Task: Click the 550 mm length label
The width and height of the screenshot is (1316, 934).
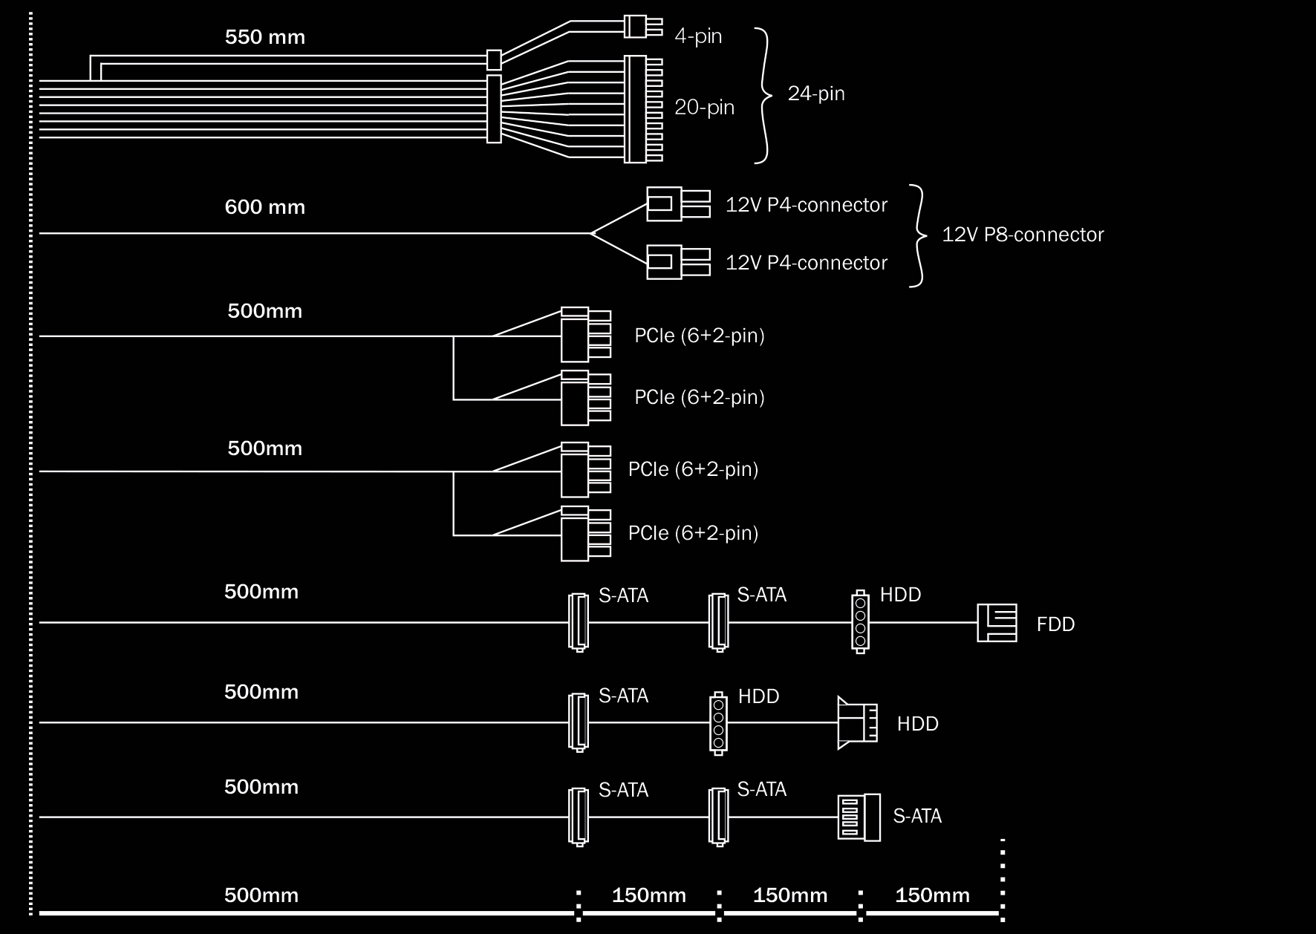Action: point(265,37)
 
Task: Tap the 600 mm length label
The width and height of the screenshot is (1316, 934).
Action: point(265,206)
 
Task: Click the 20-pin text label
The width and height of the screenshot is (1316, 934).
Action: point(704,108)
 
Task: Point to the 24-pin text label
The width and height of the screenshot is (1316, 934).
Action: point(816,94)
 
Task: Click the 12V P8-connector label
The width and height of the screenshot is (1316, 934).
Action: point(1023,235)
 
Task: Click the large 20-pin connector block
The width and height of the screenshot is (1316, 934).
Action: point(643,108)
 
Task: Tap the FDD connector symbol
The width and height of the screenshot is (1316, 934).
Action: point(997,622)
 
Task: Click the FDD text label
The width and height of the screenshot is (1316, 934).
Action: point(1055,624)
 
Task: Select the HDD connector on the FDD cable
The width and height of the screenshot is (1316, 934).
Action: point(860,622)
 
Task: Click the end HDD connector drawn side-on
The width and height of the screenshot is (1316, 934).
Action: point(857,722)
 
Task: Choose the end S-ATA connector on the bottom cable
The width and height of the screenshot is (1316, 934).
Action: point(859,817)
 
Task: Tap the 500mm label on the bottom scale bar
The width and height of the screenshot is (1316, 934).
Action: point(261,895)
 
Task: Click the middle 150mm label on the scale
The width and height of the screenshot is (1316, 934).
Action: point(790,895)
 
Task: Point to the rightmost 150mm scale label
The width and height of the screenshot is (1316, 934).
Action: point(932,895)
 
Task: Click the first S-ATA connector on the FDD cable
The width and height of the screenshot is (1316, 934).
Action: point(579,622)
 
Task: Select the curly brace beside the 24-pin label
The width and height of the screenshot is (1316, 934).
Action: point(763,95)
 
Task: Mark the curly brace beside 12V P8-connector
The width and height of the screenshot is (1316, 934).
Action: point(918,235)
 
